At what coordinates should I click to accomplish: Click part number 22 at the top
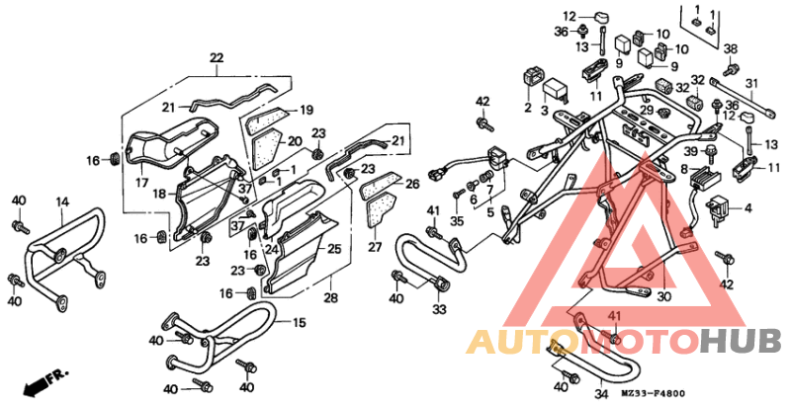(216, 58)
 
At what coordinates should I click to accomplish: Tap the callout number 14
(62, 202)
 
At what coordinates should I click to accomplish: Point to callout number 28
(330, 297)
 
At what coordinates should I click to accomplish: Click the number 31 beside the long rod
(752, 84)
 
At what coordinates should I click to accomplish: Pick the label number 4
(747, 207)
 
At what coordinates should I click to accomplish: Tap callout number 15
(300, 322)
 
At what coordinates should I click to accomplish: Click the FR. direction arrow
(45, 382)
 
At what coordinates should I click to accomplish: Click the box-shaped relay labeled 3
(555, 91)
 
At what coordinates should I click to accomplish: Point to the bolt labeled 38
(731, 66)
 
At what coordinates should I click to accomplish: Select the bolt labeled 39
(712, 153)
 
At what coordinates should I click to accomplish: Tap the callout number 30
(664, 297)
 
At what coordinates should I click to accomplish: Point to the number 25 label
(334, 249)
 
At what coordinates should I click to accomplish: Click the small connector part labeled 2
(532, 77)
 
